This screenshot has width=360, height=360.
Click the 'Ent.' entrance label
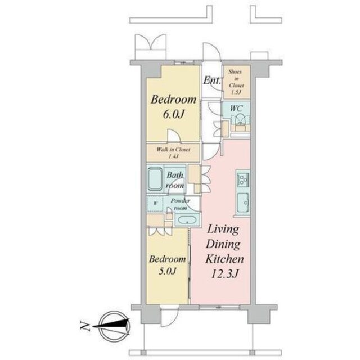point(211,80)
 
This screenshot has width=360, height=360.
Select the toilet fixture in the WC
point(240,119)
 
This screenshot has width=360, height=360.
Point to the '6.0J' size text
point(173,115)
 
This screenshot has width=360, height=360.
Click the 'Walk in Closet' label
point(173,150)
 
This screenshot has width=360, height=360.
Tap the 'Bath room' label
point(175,180)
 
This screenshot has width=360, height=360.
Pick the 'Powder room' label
point(180,203)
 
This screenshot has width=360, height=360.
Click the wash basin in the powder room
point(185,219)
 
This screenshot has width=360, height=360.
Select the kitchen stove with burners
point(243,180)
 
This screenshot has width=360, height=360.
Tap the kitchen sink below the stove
point(243,202)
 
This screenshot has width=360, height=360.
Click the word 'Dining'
point(224,245)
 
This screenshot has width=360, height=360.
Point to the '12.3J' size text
point(224,274)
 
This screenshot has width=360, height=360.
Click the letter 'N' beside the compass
point(83,325)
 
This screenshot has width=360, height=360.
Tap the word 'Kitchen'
point(224,259)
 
